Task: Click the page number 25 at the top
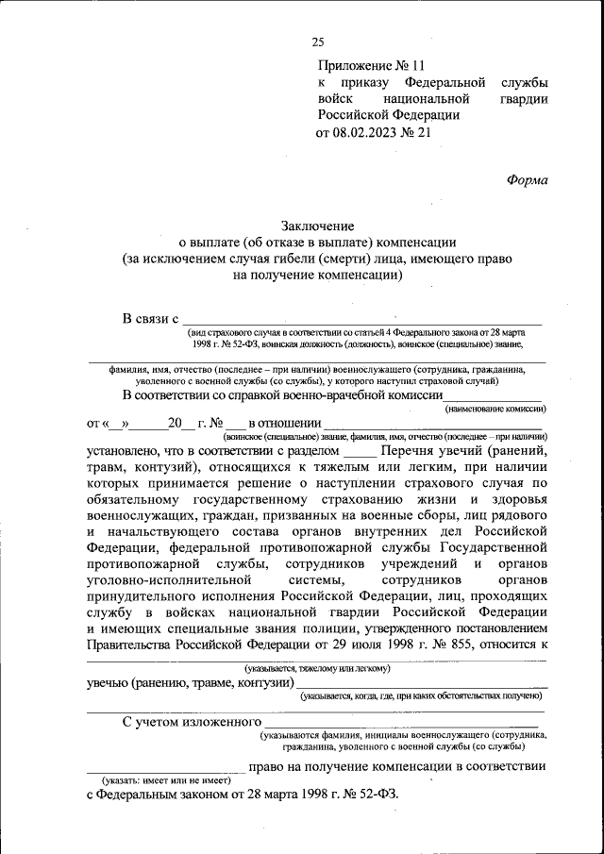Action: pos(317,41)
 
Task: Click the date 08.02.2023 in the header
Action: pos(368,133)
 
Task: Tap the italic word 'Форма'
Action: pos(527,179)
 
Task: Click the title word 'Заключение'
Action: pos(316,226)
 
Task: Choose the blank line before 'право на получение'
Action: pos(164,767)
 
